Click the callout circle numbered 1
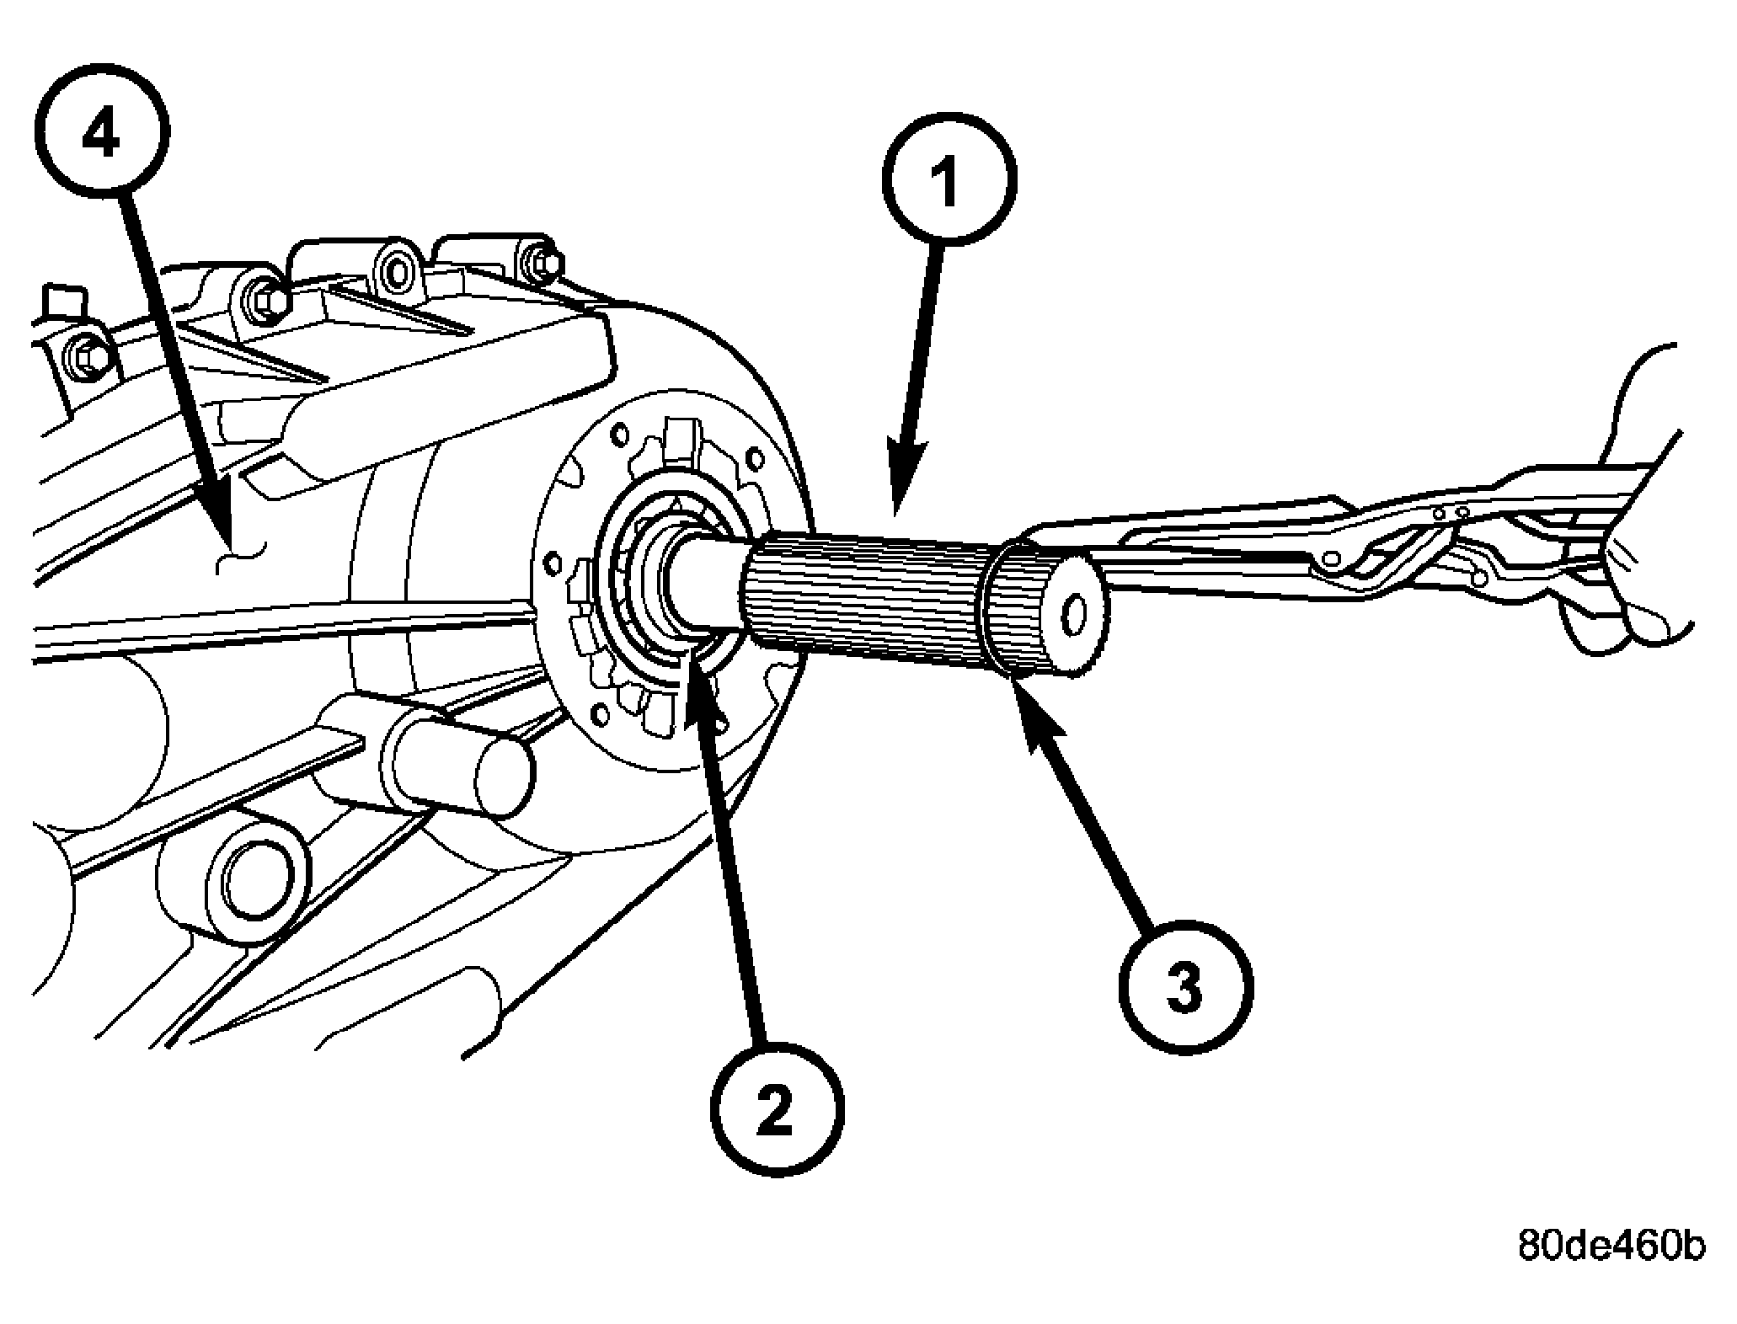[x=949, y=179]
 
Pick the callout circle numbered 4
[x=103, y=135]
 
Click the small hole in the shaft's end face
[x=1072, y=617]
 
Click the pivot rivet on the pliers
[x=1332, y=558]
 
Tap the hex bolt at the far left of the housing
[x=85, y=357]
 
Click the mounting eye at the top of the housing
[x=395, y=270]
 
